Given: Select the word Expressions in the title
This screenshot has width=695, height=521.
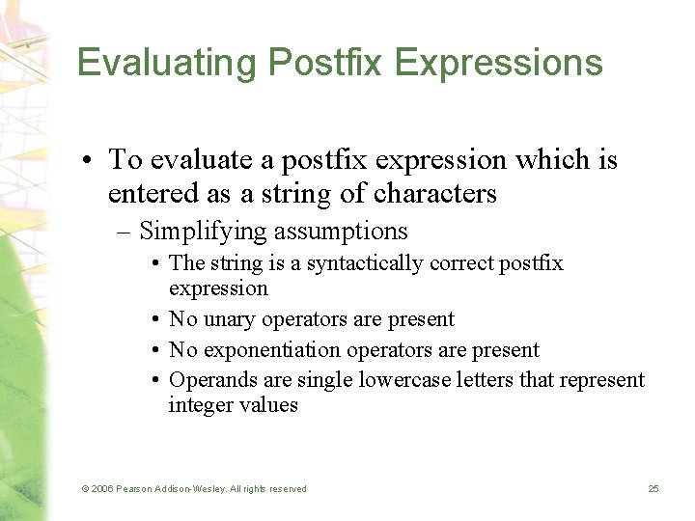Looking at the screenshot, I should (499, 63).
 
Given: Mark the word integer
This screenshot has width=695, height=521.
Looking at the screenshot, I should (200, 405).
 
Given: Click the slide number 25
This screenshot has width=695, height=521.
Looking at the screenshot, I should (653, 489).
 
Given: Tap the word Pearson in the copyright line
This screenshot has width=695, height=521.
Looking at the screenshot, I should (139, 489).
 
